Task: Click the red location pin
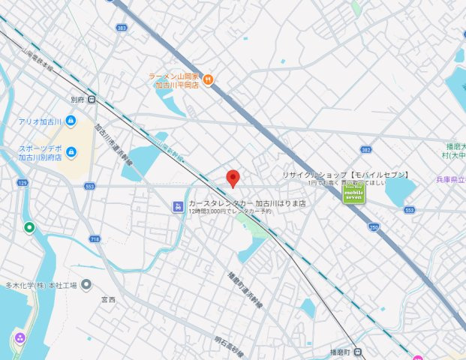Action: click(x=233, y=178)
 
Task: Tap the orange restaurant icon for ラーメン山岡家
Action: click(x=209, y=80)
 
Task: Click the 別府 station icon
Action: click(x=92, y=99)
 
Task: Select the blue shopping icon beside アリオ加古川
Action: click(x=71, y=121)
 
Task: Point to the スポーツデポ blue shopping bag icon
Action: click(x=71, y=153)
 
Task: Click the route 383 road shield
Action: click(x=122, y=28)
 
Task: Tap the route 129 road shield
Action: click(x=23, y=183)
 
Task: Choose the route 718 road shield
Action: click(x=95, y=238)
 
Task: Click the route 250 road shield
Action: click(x=374, y=226)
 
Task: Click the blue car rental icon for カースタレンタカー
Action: click(x=178, y=206)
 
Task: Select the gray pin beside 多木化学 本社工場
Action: click(x=86, y=284)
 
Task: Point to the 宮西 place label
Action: click(x=108, y=299)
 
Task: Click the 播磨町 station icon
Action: click(x=358, y=352)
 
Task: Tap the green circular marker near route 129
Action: click(x=29, y=227)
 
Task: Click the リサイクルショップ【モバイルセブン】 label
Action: click(x=346, y=174)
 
